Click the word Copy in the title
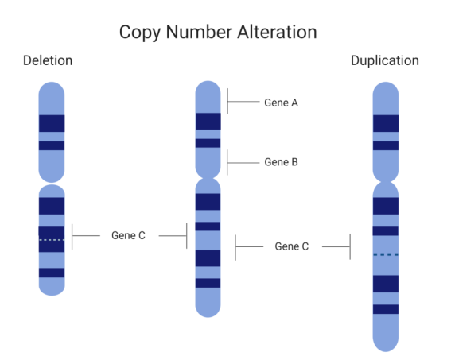[140, 33]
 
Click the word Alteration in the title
[277, 32]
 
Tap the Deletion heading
[48, 60]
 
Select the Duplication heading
[385, 60]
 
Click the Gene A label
[281, 103]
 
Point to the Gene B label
[281, 162]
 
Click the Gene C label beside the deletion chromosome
[128, 235]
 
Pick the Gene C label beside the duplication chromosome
[292, 246]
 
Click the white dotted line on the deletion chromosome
[52, 240]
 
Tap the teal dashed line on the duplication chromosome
[386, 254]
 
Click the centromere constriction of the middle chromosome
[208, 179]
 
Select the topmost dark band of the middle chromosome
[208, 122]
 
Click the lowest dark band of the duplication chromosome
[386, 309]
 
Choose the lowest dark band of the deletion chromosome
[52, 273]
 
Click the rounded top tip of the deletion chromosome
[52, 83]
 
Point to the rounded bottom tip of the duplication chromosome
[386, 350]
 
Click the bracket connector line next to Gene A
[243, 102]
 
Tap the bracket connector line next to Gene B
[243, 163]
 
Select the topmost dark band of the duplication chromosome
[386, 123]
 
